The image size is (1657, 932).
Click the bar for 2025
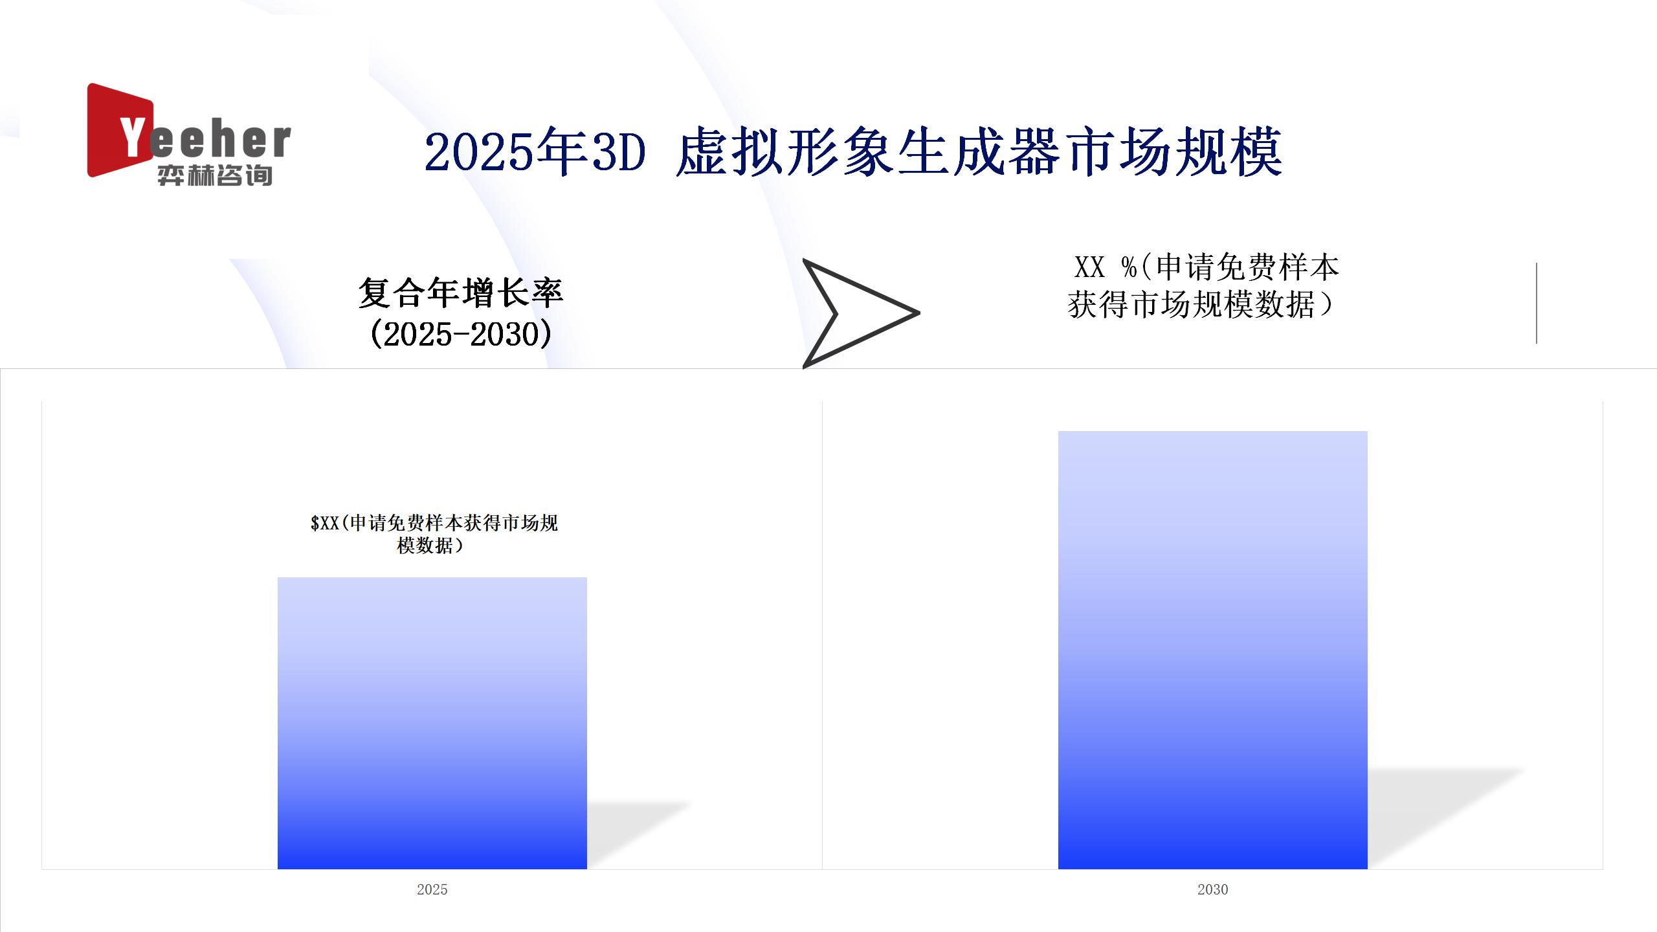click(432, 723)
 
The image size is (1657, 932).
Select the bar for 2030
click(1212, 650)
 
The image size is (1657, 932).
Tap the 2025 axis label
click(432, 889)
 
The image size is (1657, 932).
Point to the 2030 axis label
click(1212, 889)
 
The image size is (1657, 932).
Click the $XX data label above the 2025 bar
click(434, 534)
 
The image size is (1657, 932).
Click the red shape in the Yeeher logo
click(117, 129)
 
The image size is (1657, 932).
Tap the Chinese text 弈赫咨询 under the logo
click(215, 175)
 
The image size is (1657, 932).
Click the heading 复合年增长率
click(461, 293)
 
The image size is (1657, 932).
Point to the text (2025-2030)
click(461, 334)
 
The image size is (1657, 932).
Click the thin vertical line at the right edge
click(1537, 303)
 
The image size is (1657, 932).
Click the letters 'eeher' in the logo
click(220, 140)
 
